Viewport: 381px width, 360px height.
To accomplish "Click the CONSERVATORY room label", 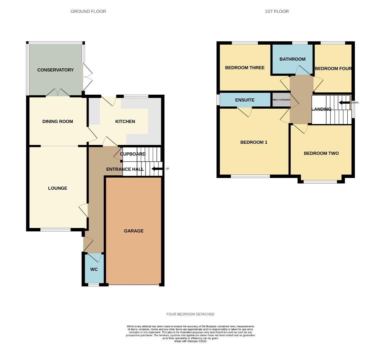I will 55,70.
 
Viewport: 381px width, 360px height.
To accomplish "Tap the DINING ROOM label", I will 57,121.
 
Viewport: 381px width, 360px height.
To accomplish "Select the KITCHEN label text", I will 125,121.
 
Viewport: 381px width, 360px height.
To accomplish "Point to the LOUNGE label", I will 58,188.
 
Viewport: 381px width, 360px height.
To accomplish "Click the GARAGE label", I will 134,231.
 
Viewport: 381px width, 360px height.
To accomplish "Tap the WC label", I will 94,269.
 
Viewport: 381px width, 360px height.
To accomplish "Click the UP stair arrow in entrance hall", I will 155,169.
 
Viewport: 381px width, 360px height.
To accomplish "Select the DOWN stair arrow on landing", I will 343,103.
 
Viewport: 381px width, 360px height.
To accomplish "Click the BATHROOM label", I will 292,59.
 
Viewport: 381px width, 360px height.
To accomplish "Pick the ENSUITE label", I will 245,100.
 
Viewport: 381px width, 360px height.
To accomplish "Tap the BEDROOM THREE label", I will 245,68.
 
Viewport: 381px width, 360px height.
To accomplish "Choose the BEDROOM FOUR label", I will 333,69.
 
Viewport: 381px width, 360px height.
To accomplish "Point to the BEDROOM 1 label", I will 254,142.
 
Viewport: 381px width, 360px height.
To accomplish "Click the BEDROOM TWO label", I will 321,153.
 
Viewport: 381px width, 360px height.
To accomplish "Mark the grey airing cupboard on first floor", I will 281,100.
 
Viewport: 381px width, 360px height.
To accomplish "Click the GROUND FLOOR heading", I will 88,11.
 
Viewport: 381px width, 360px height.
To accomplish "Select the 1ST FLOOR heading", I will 277,11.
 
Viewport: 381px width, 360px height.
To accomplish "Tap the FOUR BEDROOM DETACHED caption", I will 190,314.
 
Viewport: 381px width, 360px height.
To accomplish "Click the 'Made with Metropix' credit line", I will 190,341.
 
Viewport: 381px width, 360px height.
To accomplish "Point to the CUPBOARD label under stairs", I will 133,154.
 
